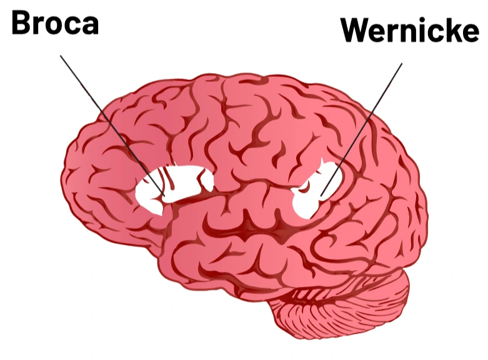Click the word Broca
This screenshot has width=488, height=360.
[55, 23]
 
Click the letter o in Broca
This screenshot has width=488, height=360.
[56, 25]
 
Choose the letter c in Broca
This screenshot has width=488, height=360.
[73, 25]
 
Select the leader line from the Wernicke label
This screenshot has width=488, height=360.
[362, 128]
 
